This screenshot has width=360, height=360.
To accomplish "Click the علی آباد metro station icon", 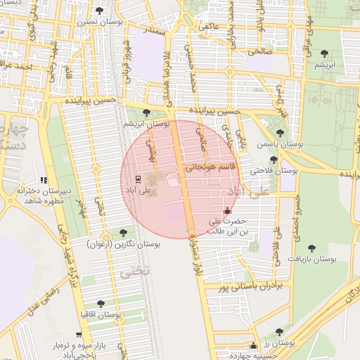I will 137,179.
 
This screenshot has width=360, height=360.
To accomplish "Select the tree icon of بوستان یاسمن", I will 280,133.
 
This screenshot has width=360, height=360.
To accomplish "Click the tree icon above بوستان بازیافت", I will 311,247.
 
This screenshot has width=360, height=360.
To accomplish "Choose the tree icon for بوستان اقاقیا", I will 101,304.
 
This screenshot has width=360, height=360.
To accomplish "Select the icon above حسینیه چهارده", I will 253,345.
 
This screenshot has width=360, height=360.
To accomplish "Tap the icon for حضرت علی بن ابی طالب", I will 226,210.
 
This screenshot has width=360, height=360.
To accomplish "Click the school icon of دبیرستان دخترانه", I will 44,181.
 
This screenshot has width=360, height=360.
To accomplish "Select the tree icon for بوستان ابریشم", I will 146,112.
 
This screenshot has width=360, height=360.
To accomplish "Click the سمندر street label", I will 155,32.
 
